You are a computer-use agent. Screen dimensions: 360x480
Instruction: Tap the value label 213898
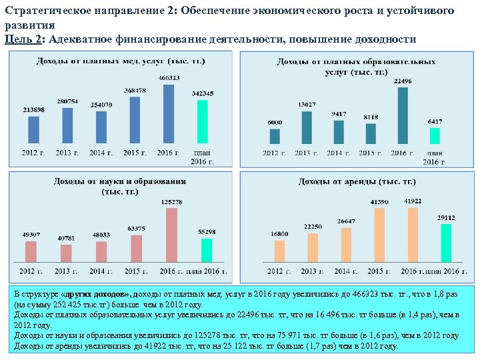33,109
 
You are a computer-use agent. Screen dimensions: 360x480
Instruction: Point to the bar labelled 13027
307,127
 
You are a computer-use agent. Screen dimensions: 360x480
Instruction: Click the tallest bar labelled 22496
402,115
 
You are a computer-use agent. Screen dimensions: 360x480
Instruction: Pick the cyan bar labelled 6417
435,135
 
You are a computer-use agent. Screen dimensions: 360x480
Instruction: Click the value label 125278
171,202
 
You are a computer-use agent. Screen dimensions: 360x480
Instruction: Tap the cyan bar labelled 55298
207,250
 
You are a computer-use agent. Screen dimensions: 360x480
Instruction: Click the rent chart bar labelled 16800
279,251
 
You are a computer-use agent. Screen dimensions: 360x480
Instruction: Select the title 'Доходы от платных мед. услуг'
121,61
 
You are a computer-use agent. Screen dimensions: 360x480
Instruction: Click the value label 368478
136,91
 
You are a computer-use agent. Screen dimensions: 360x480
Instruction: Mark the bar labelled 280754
67,125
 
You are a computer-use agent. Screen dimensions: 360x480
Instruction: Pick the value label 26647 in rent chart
345,221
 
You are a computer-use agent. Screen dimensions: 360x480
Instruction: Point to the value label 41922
413,201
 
